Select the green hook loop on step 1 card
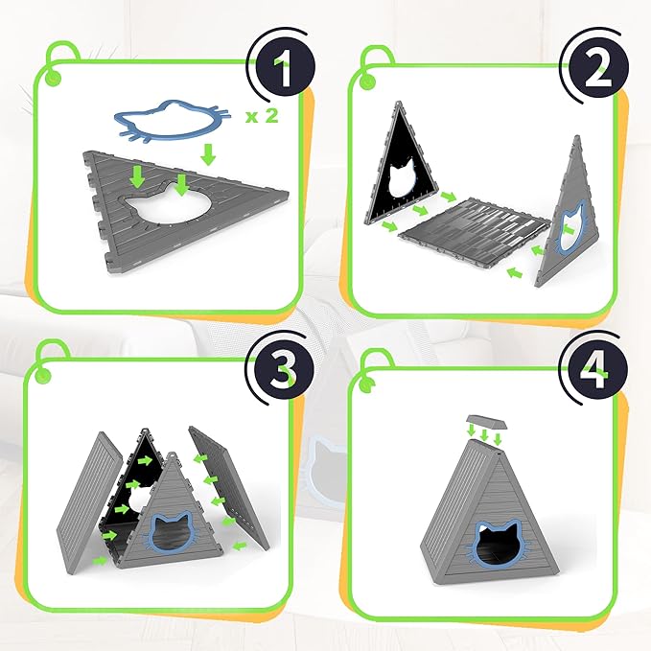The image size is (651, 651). click(x=51, y=73)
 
